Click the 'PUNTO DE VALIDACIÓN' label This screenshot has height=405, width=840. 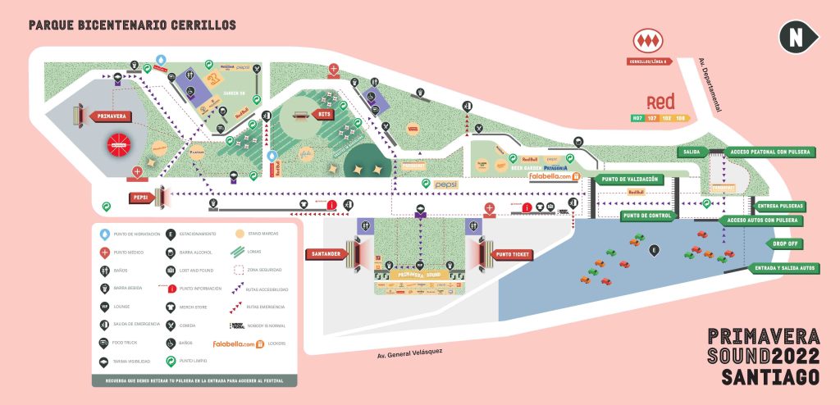tap(630, 179)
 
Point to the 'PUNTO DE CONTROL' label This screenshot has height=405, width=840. tap(647, 216)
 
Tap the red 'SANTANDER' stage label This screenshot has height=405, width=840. tap(327, 254)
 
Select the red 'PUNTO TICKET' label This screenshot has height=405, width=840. tap(514, 254)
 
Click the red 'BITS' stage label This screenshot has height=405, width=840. tap(324, 114)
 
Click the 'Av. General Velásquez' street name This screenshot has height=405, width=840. tap(409, 353)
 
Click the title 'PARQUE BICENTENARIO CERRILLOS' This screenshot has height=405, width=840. tap(132, 25)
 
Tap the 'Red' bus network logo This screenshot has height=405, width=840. tap(660, 102)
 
